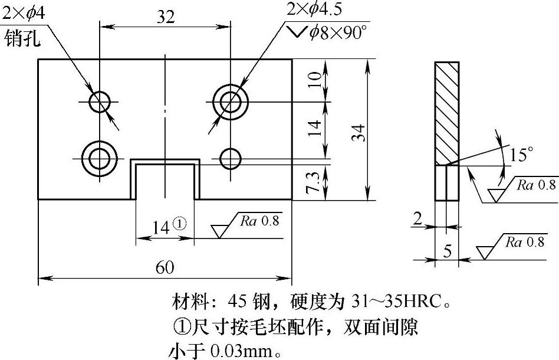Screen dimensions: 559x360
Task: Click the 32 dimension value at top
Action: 166,17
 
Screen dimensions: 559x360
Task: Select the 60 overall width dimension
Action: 165,267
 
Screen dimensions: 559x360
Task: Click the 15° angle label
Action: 521,155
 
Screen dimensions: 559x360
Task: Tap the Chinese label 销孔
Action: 22,40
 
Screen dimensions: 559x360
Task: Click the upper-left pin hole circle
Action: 100,102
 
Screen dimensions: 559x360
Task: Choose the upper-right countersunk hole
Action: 231,102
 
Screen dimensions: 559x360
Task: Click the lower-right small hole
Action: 231,158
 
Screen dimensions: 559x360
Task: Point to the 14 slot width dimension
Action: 162,226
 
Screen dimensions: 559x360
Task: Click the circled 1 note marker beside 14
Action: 180,225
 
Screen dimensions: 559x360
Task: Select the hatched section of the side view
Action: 446,112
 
